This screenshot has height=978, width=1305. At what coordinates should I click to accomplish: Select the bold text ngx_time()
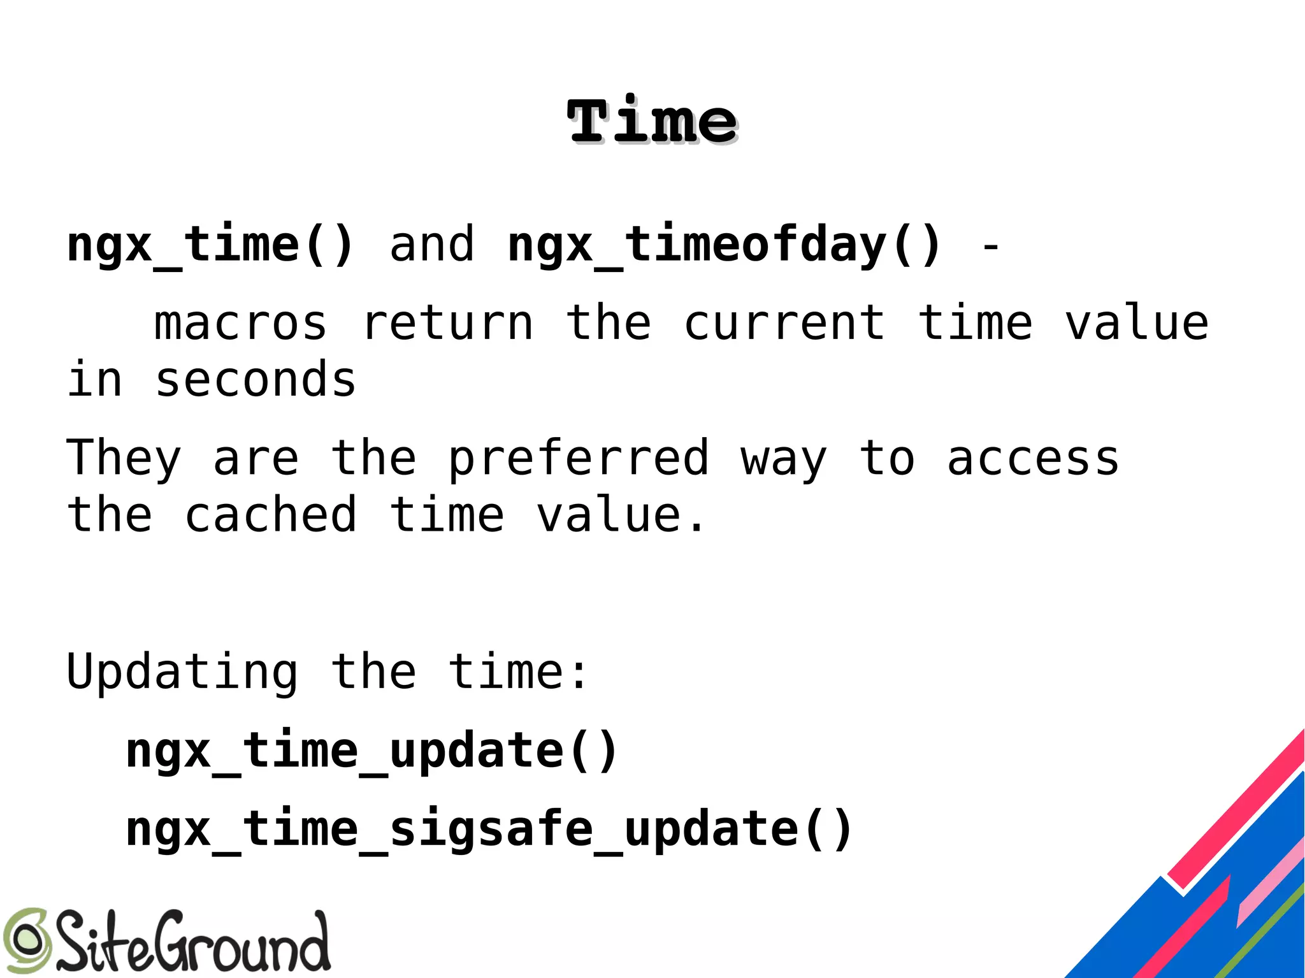pyautogui.click(x=210, y=245)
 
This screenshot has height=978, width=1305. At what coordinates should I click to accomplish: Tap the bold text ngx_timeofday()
pyautogui.click(x=725, y=245)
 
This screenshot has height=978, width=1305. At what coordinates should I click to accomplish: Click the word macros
pyautogui.click(x=241, y=324)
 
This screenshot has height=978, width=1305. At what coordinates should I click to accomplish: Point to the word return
pyautogui.click(x=447, y=324)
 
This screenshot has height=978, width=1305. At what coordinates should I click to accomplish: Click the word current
pyautogui.click(x=784, y=324)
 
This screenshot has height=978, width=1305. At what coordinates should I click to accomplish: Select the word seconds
pyautogui.click(x=256, y=380)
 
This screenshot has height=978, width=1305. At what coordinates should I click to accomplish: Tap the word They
pyautogui.click(x=124, y=459)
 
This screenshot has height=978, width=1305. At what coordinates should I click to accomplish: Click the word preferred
pyautogui.click(x=579, y=459)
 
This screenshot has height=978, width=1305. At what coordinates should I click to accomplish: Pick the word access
pyautogui.click(x=1033, y=459)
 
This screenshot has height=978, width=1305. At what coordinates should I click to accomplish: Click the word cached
pyautogui.click(x=271, y=515)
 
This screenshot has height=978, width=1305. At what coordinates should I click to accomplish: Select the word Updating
pyautogui.click(x=182, y=672)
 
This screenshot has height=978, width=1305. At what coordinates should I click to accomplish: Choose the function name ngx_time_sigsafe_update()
pyautogui.click(x=489, y=829)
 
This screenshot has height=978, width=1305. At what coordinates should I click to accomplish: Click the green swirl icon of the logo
pyautogui.click(x=25, y=940)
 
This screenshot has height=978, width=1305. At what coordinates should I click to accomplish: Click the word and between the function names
pyautogui.click(x=432, y=245)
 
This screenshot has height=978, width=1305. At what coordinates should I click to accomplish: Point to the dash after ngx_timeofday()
pyautogui.click(x=990, y=246)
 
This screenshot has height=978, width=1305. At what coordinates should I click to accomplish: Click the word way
pyautogui.click(x=784, y=459)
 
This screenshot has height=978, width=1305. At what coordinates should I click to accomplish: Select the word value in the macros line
pyautogui.click(x=1137, y=324)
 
